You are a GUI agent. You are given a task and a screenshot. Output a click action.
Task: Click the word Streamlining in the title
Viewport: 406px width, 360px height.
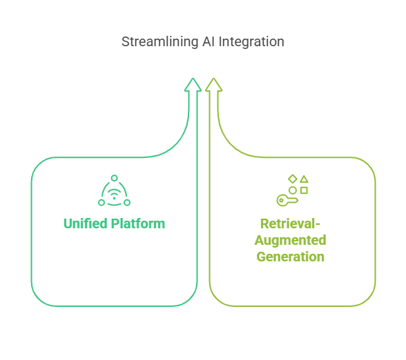pyautogui.click(x=159, y=42)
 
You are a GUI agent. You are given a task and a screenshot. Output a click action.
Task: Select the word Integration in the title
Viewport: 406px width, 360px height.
pyautogui.click(x=251, y=41)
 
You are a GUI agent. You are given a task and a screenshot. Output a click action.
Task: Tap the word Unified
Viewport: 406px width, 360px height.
pyautogui.click(x=86, y=223)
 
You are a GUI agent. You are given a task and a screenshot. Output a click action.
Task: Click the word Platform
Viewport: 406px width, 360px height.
pyautogui.click(x=138, y=223)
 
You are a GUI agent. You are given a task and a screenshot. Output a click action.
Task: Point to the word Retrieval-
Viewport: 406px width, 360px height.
pyautogui.click(x=290, y=223)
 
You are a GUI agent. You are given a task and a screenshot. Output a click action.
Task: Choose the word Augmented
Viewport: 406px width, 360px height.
pyautogui.click(x=290, y=240)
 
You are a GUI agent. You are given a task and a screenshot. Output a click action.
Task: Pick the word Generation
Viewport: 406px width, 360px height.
pyautogui.click(x=290, y=257)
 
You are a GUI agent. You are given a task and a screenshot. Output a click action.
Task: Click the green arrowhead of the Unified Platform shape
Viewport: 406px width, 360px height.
pyautogui.click(x=193, y=85)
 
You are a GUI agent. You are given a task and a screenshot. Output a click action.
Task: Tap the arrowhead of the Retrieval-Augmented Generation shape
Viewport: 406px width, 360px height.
pyautogui.click(x=213, y=85)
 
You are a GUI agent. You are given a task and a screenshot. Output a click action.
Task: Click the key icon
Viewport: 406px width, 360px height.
pyautogui.click(x=287, y=201)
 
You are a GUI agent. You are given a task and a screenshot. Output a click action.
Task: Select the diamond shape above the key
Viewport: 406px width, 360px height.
pyautogui.click(x=293, y=179)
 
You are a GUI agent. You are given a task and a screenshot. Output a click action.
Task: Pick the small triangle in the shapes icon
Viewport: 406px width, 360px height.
pyautogui.click(x=304, y=179)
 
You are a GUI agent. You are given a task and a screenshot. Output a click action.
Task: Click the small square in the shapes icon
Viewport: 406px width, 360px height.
pyautogui.click(x=304, y=190)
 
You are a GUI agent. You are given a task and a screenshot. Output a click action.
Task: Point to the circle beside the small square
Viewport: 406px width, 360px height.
pyautogui.click(x=293, y=190)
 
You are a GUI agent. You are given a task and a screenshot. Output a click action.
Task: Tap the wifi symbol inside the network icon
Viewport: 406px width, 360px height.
pyautogui.click(x=114, y=194)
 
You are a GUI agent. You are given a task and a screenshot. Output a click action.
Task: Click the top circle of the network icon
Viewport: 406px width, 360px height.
pyautogui.click(x=114, y=178)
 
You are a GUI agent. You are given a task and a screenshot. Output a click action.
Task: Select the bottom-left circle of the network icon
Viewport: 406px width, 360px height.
pyautogui.click(x=101, y=203)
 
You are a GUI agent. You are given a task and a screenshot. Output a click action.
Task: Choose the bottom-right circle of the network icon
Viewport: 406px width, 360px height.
pyautogui.click(x=127, y=203)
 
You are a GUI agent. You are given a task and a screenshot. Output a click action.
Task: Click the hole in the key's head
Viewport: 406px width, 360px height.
pyautogui.click(x=281, y=201)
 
